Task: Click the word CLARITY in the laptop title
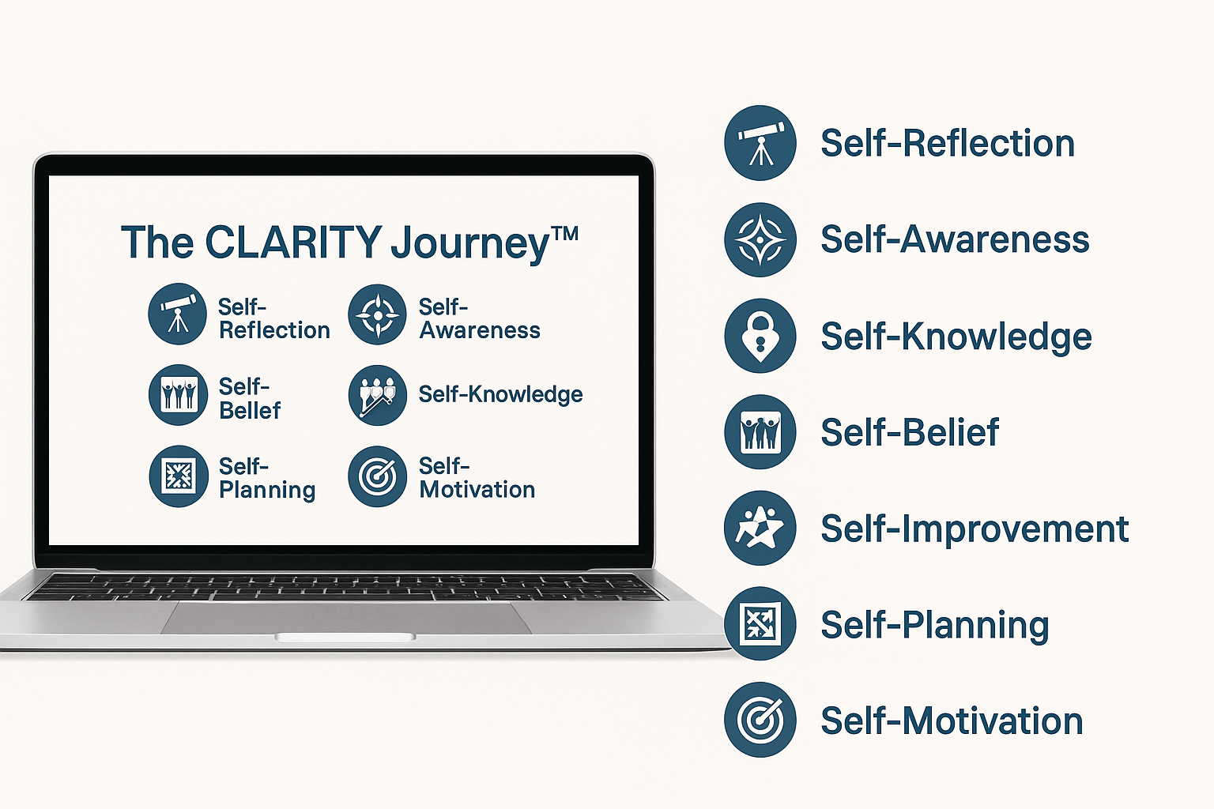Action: click(x=293, y=242)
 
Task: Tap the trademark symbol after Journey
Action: click(x=565, y=234)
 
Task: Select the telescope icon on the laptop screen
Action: click(x=177, y=314)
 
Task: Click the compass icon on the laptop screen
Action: click(x=377, y=314)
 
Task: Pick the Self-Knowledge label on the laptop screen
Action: click(x=501, y=394)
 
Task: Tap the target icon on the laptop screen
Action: click(x=377, y=476)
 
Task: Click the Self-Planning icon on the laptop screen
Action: click(x=179, y=476)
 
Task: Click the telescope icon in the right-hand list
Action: click(x=760, y=142)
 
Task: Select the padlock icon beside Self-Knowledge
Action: click(x=760, y=336)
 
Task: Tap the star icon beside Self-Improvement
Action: click(x=760, y=528)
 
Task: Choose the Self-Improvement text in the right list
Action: click(x=975, y=529)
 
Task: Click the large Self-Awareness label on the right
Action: click(x=955, y=239)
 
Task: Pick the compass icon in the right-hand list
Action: click(x=760, y=239)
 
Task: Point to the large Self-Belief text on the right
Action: click(x=910, y=432)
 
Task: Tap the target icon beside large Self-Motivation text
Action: click(x=760, y=720)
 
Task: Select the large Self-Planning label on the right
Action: click(x=935, y=626)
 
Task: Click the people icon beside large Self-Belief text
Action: click(x=760, y=432)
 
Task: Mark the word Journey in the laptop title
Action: click(x=470, y=244)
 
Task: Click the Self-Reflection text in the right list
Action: click(x=948, y=143)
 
